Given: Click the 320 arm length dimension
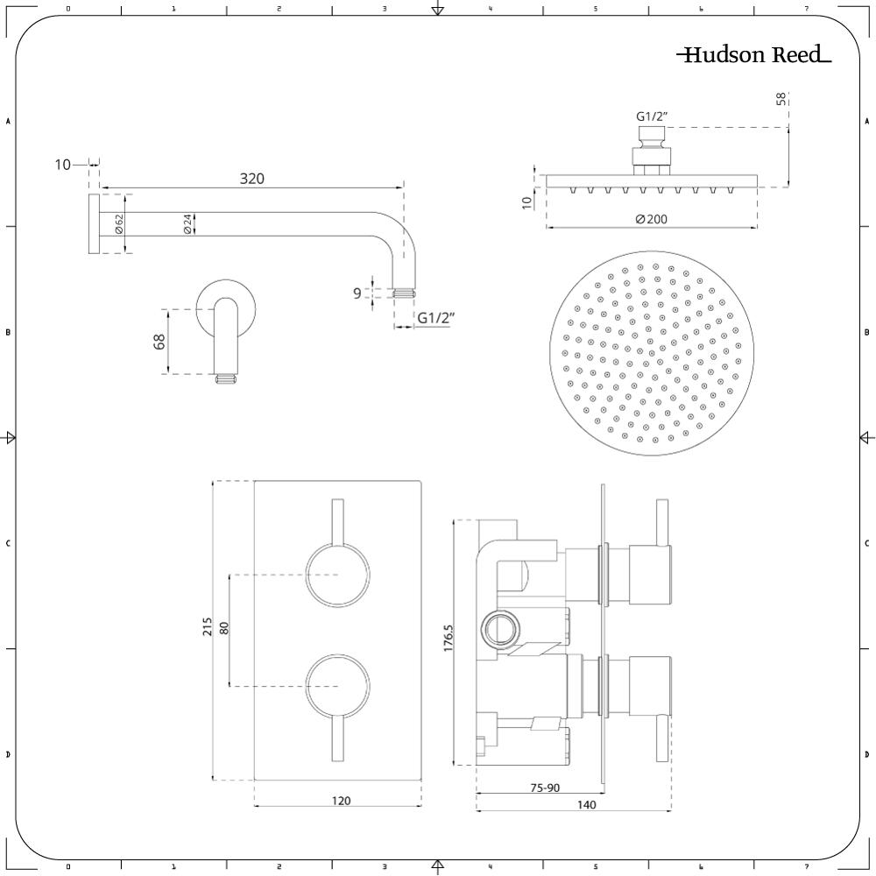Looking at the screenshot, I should pos(251,179).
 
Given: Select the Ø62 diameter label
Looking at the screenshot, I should pos(119,223).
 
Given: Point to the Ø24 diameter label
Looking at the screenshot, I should pos(187,223).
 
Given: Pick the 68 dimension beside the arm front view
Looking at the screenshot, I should pos(159,342).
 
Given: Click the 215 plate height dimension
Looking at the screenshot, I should pos(208,627).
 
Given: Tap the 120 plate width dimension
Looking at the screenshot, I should pos(342,801).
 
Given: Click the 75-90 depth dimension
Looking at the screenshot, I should pos(545,788).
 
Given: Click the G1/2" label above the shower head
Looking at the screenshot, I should pos(651,116).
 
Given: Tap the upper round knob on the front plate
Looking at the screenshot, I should pos(338,575).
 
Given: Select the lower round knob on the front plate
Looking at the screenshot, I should pos(338,685).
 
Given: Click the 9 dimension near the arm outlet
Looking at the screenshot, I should pos(357,293).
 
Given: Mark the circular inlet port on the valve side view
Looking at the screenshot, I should pos(500,629).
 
